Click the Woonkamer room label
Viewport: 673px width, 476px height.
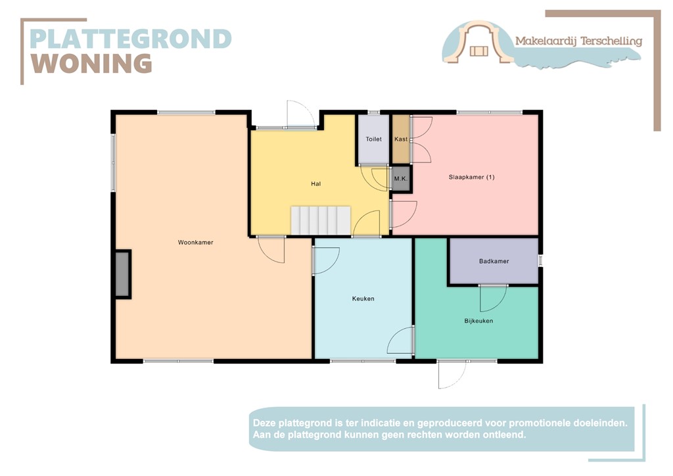pos(195,243)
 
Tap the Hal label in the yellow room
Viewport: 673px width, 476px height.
pos(315,184)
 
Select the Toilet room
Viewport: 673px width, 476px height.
pos(373,139)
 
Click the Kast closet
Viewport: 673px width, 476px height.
pos(400,139)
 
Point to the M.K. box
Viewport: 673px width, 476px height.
pos(400,179)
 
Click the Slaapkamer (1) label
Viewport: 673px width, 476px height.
pos(471,177)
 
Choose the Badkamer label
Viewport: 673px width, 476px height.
pos(494,261)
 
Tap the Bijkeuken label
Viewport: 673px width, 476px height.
pos(478,321)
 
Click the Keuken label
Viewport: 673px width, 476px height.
pos(363,298)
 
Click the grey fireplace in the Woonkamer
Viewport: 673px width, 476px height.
pos(122,274)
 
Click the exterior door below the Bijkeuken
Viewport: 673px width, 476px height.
pos(452,374)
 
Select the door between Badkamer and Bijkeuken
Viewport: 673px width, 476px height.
pos(493,298)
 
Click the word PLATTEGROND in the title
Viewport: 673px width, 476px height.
pos(131,39)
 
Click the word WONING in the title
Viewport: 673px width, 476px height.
pos(91,64)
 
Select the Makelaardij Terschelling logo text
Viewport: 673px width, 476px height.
pos(578,41)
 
